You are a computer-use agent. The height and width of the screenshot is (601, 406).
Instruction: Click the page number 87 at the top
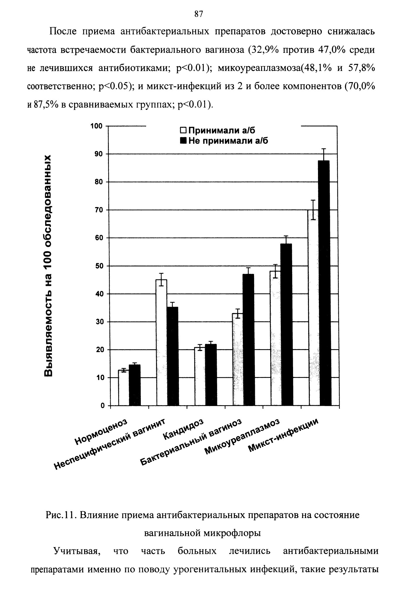click(199, 14)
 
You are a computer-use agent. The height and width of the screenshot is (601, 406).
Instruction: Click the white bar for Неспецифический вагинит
click(161, 342)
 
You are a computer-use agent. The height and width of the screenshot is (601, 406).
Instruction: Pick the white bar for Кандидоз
click(199, 376)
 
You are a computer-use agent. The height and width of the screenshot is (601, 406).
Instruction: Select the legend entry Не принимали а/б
click(224, 141)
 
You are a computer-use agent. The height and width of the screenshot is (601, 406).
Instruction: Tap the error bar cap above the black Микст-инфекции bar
click(324, 149)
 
